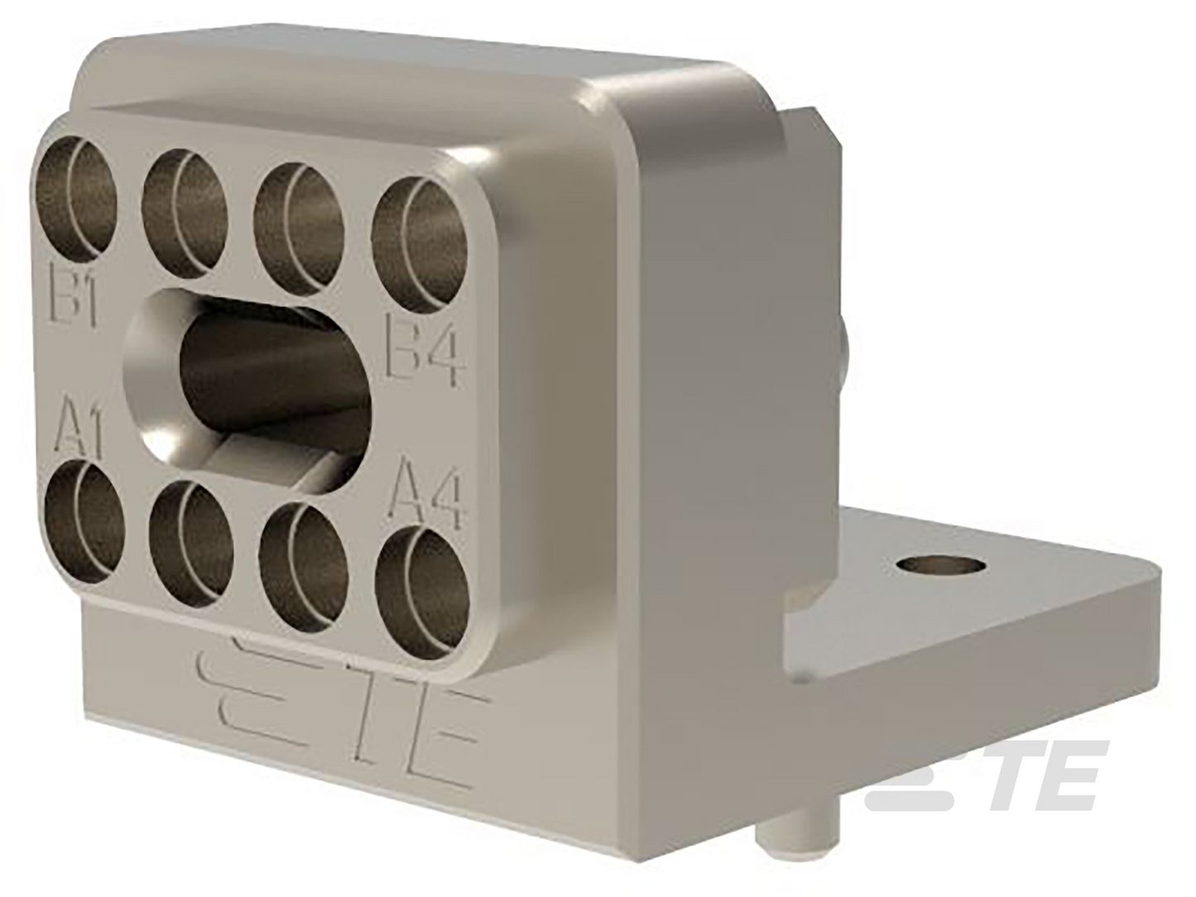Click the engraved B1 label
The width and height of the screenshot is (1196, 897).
(73, 294)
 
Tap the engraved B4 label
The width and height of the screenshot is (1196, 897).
(424, 350)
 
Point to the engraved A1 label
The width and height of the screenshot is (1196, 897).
(78, 428)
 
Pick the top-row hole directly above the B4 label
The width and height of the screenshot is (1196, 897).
(419, 246)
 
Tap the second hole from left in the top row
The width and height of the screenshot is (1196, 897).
(185, 213)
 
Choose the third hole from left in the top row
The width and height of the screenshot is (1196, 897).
(299, 228)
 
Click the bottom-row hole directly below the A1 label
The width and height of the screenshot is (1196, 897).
(84, 521)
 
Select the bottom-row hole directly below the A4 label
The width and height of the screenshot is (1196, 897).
(424, 592)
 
